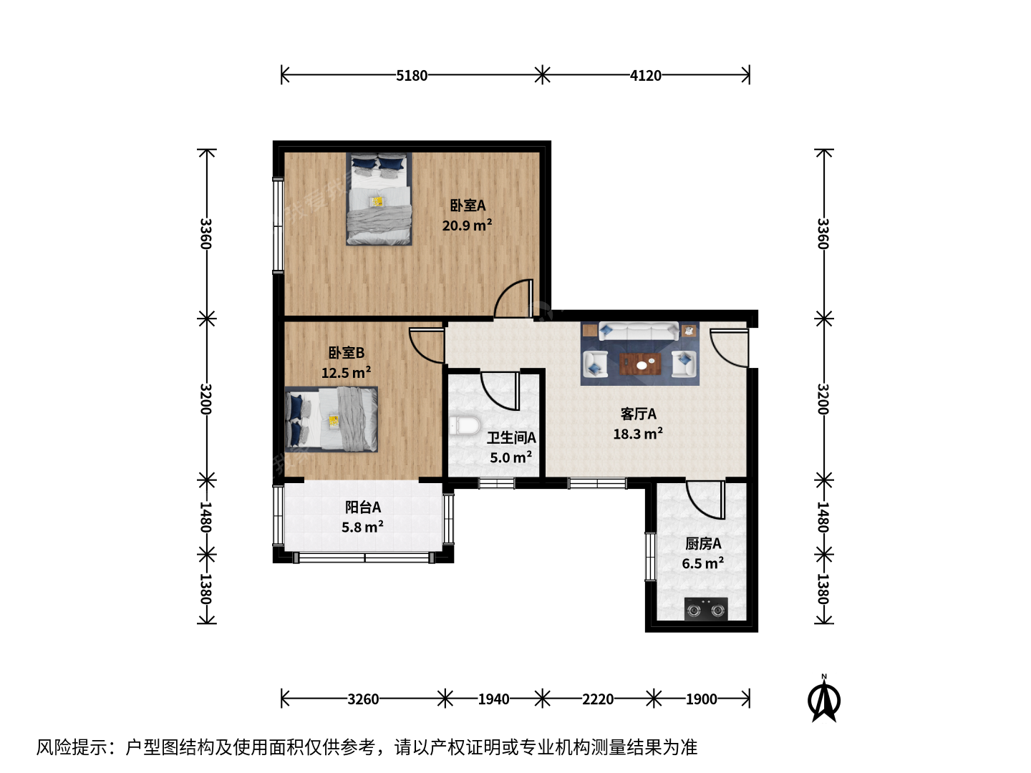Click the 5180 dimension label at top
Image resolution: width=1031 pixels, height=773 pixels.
pyautogui.click(x=412, y=76)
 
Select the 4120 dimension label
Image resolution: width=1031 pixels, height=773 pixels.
pyautogui.click(x=645, y=76)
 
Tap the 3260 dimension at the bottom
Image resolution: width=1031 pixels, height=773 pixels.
pyautogui.click(x=363, y=699)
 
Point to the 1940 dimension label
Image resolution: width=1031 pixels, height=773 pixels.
pyautogui.click(x=493, y=699)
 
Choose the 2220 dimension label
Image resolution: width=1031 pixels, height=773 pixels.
pyautogui.click(x=598, y=699)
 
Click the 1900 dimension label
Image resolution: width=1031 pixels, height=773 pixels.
pyautogui.click(x=701, y=699)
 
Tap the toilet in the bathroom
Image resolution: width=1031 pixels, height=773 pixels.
pyautogui.click(x=464, y=425)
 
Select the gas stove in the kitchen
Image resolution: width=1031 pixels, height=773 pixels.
pyautogui.click(x=705, y=608)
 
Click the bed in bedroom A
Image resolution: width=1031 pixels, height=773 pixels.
pyautogui.click(x=379, y=198)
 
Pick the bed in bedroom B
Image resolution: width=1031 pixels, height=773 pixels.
pyautogui.click(x=331, y=419)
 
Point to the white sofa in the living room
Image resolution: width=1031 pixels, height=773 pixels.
pyautogui.click(x=639, y=331)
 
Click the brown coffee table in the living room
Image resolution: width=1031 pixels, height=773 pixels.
pyautogui.click(x=640, y=364)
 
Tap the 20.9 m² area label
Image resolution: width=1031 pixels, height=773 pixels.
pyautogui.click(x=467, y=225)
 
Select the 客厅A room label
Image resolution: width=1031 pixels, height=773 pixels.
pyautogui.click(x=639, y=414)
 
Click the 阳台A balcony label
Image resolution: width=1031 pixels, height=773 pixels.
pyautogui.click(x=363, y=507)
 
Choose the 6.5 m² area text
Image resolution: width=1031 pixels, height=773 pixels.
pyautogui.click(x=702, y=563)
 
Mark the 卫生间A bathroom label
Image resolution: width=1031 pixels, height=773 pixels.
pyautogui.click(x=511, y=438)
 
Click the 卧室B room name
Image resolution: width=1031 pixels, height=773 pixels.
pyautogui.click(x=346, y=352)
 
